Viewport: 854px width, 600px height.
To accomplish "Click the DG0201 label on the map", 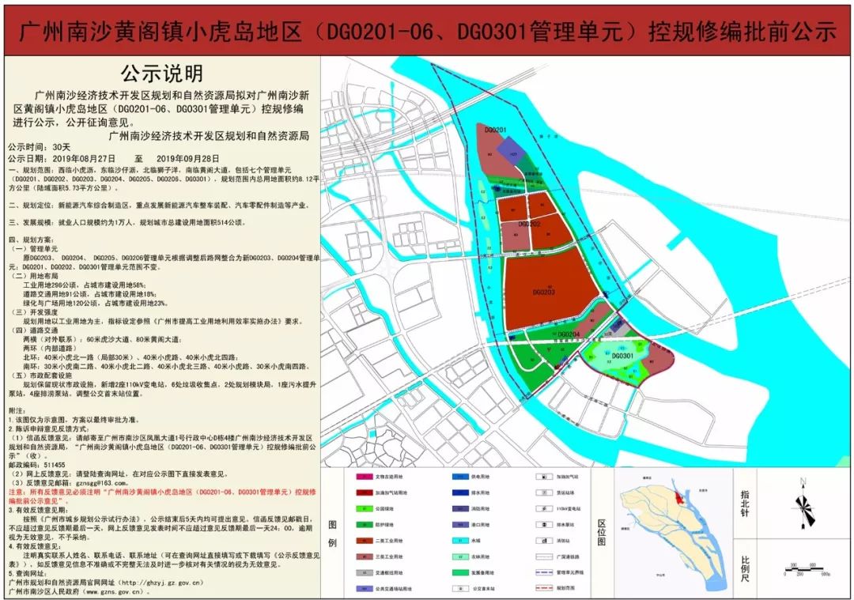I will point(495,129).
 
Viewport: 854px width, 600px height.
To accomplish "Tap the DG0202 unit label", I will point(529,224).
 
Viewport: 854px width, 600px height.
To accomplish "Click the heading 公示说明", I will point(161,74).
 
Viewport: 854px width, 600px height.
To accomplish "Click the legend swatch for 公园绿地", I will point(365,508).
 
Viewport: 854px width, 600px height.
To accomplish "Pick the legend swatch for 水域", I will point(460,540).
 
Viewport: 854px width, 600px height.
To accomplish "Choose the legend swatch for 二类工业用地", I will point(365,540).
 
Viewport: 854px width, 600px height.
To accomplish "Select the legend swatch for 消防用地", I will point(460,508).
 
